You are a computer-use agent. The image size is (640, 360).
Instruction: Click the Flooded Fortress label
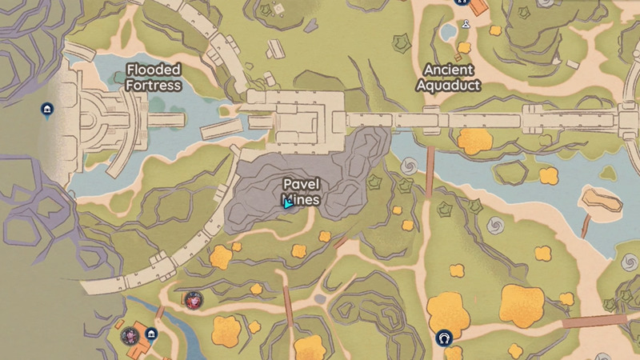point(154,77)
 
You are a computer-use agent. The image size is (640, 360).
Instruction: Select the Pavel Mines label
point(301,192)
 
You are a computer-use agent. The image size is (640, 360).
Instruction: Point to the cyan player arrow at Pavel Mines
point(287,202)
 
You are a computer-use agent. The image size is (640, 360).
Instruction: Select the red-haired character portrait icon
point(193,300)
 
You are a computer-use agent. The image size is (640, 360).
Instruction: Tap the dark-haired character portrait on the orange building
point(130,336)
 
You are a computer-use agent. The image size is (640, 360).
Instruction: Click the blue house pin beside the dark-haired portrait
point(151,334)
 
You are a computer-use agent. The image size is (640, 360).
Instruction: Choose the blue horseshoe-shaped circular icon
point(442,338)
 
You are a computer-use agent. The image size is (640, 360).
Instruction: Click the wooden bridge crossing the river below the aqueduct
point(430,170)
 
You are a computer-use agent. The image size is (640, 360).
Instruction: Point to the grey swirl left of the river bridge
point(410,166)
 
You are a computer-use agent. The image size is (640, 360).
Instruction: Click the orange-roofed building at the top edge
point(478,6)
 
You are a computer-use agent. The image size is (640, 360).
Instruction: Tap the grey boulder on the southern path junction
point(320,298)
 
